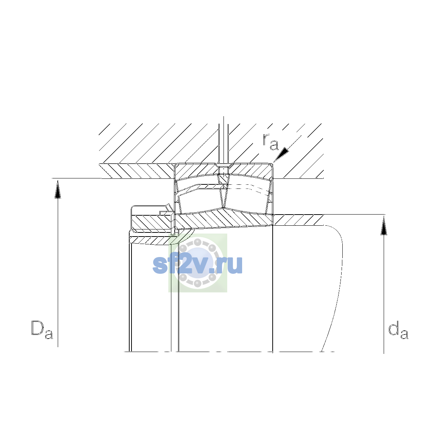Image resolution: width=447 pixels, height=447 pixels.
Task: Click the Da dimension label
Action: click(x=42, y=330)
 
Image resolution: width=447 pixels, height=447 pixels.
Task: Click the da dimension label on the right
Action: click(x=398, y=330)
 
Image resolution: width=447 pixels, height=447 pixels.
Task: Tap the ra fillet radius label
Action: click(x=270, y=142)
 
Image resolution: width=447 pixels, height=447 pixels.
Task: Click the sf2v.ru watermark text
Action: click(x=197, y=265)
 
